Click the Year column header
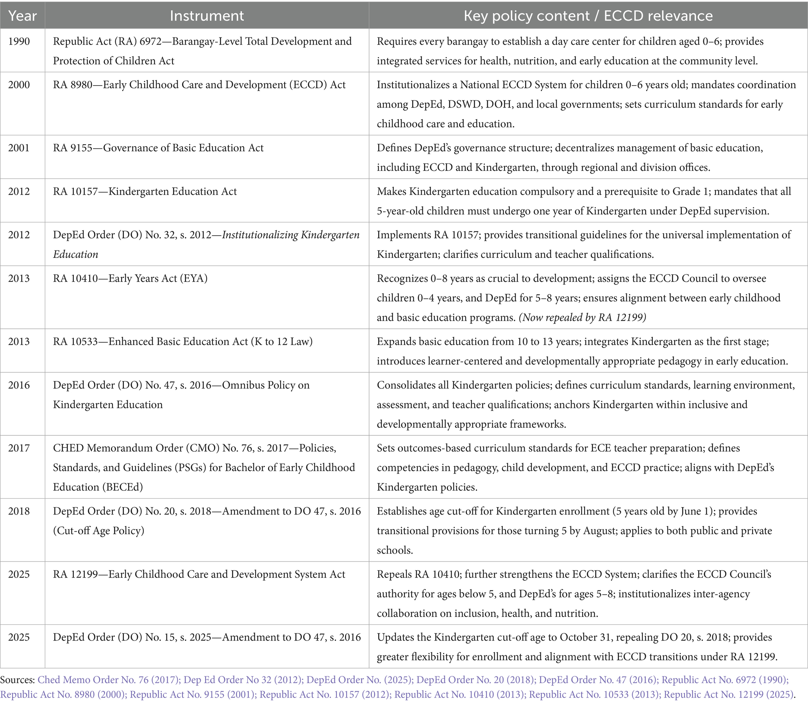pos(22,16)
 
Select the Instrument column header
pos(207,16)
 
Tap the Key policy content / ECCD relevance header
pos(588,16)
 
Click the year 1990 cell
pos(19,41)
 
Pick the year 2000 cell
pos(19,85)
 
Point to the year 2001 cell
pos(19,148)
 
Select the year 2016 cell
pos(19,385)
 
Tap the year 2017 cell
pos(19,448)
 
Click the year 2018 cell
pos(19,512)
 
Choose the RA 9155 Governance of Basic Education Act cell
pos(158,148)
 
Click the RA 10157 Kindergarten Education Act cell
pos(145,192)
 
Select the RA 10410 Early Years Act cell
pos(130,279)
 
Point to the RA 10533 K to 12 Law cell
pos(183,342)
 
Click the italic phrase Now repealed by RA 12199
pos(583,317)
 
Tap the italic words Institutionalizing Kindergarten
pos(291,235)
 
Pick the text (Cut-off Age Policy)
pos(98,531)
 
